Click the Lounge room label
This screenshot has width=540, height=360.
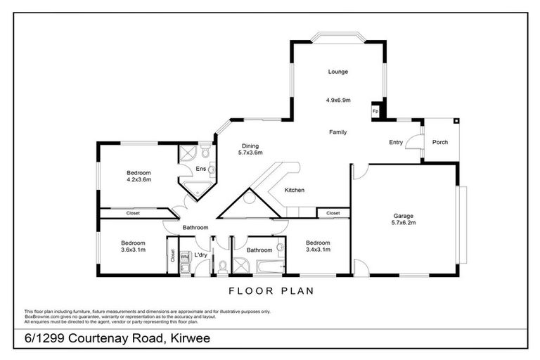(x=337, y=72)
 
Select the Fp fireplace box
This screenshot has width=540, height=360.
(x=375, y=112)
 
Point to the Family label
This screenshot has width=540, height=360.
(x=337, y=131)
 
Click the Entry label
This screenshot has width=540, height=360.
(x=396, y=143)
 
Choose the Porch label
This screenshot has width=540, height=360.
(x=440, y=143)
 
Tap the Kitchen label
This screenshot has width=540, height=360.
(x=294, y=191)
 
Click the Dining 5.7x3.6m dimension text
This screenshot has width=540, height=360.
(x=250, y=153)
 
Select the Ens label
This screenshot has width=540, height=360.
(x=200, y=169)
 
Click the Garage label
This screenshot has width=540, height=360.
(x=403, y=217)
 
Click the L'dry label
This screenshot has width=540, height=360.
(x=200, y=255)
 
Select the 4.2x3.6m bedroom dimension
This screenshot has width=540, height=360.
(x=139, y=180)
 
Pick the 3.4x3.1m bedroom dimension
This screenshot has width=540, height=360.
(x=318, y=250)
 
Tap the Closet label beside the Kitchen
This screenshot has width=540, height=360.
(x=333, y=212)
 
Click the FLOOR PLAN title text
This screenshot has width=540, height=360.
(x=271, y=290)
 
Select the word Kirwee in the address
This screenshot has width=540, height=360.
(x=188, y=340)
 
